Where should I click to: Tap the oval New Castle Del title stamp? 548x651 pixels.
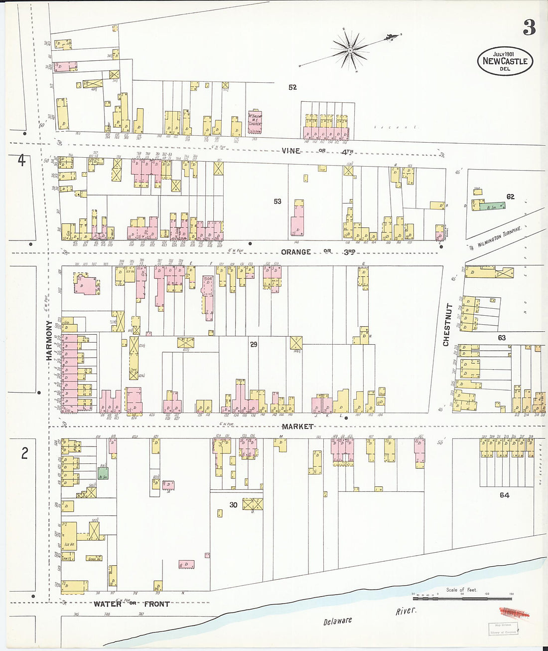tap(505, 61)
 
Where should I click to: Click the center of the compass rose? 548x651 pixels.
tap(350, 50)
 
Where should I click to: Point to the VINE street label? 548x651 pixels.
tap(291, 151)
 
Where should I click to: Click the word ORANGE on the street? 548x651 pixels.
tap(296, 252)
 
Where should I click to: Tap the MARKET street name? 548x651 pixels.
tap(297, 427)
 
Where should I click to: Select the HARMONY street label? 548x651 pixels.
tap(49, 341)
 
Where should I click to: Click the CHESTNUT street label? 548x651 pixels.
tap(446, 324)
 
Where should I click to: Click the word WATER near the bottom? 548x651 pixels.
tap(108, 604)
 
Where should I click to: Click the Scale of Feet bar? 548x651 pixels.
tap(462, 598)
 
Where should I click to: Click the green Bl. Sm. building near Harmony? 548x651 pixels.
tap(103, 473)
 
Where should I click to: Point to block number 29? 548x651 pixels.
tap(254, 344)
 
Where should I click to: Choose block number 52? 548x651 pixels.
tap(292, 87)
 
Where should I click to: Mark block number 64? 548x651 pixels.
tap(505, 495)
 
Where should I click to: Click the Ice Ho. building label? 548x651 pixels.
tap(69, 544)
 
